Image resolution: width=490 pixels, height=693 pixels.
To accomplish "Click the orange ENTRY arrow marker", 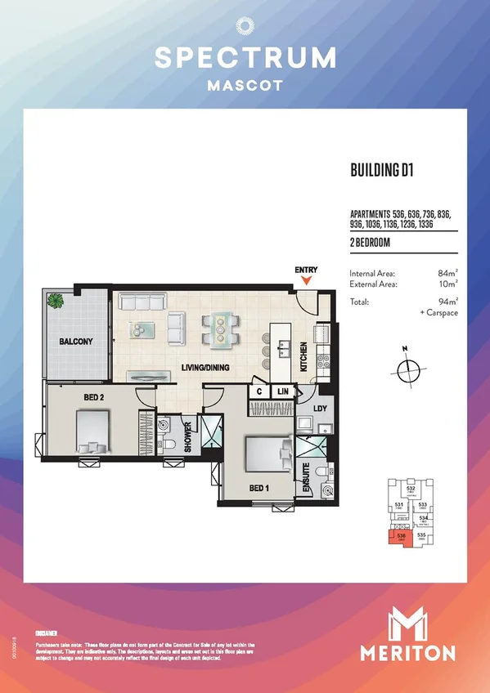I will point(307,281).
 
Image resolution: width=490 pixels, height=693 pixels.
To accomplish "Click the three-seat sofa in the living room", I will point(142,303).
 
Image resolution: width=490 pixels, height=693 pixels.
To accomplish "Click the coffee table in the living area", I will point(144,329).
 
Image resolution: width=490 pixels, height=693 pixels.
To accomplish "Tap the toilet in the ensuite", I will point(327,491).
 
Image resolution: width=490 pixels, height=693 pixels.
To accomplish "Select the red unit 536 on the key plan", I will point(401,538).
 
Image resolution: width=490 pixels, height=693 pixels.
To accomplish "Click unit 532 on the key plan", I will point(411,490).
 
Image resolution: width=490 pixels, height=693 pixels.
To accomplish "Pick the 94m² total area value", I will point(447,302).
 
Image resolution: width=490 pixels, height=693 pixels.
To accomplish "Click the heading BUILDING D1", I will point(380,171).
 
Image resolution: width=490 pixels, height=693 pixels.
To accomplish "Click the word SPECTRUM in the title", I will point(245,57).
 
